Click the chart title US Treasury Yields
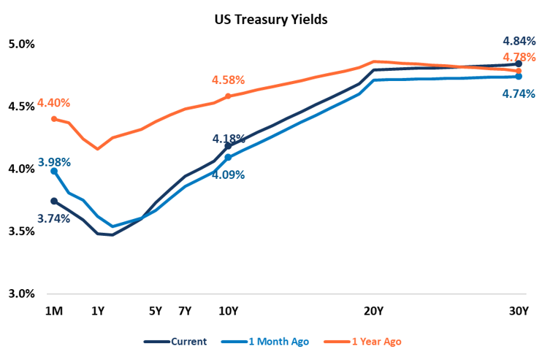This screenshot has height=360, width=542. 270,19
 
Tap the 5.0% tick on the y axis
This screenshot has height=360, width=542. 20,44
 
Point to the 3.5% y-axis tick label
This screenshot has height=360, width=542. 20,231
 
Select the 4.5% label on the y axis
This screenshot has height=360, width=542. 20,107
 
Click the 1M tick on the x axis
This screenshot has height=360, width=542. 54,311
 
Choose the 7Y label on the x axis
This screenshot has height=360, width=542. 185,311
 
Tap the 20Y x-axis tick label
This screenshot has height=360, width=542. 373,311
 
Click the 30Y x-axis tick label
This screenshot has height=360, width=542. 518,311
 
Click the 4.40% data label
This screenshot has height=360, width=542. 54,103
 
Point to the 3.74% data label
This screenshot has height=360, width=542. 54,218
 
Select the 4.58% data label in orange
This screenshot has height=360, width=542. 228,80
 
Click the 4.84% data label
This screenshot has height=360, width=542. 519,41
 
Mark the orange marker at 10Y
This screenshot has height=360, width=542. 228,96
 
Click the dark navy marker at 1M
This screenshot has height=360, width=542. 54,201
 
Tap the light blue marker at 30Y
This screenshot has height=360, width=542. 519,76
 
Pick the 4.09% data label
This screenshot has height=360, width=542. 228,175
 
